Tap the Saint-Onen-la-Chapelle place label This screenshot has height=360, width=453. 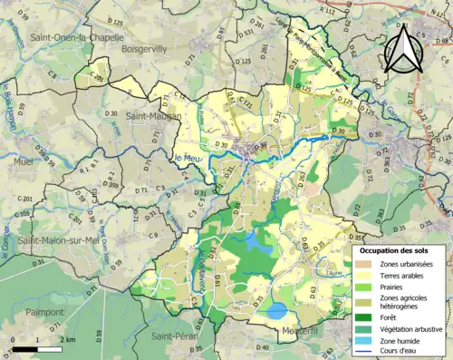coord(63,37)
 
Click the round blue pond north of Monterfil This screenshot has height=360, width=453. coord(276,311)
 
